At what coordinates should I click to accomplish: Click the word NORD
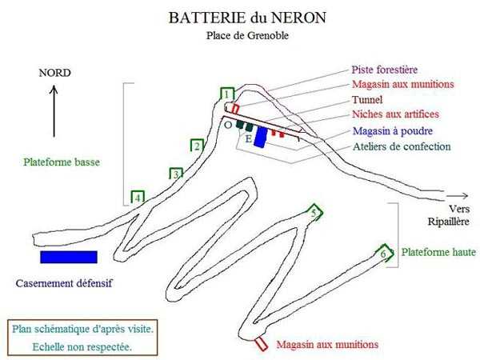55,73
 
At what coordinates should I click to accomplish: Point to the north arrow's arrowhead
55,89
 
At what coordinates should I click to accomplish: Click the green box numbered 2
197,146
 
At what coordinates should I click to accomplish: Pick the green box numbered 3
176,174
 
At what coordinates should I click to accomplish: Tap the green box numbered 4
138,197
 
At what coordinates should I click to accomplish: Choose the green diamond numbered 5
315,212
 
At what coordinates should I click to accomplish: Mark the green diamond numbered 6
384,254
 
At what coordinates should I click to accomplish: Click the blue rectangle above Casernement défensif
69,257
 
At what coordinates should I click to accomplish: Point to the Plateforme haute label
438,253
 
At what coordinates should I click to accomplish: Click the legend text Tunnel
367,100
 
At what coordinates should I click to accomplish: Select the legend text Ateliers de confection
402,146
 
